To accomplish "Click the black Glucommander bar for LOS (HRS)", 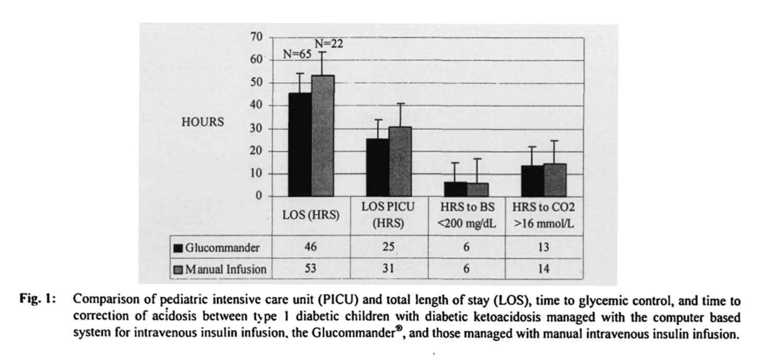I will [x=300, y=145].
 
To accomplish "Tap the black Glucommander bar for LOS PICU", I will [x=377, y=167].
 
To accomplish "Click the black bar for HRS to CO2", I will [x=533, y=181].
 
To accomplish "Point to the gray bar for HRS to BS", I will [x=478, y=190].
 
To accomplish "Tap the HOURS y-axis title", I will [x=203, y=123].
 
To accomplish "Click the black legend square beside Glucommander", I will [x=178, y=248].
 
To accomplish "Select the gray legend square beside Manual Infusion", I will [x=178, y=269].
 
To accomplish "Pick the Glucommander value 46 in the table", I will [x=311, y=247].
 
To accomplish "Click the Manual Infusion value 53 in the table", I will [x=311, y=269].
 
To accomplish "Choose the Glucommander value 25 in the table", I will [x=389, y=247].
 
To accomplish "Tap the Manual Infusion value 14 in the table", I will [x=544, y=269].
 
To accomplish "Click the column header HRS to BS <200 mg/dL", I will [x=466, y=216].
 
